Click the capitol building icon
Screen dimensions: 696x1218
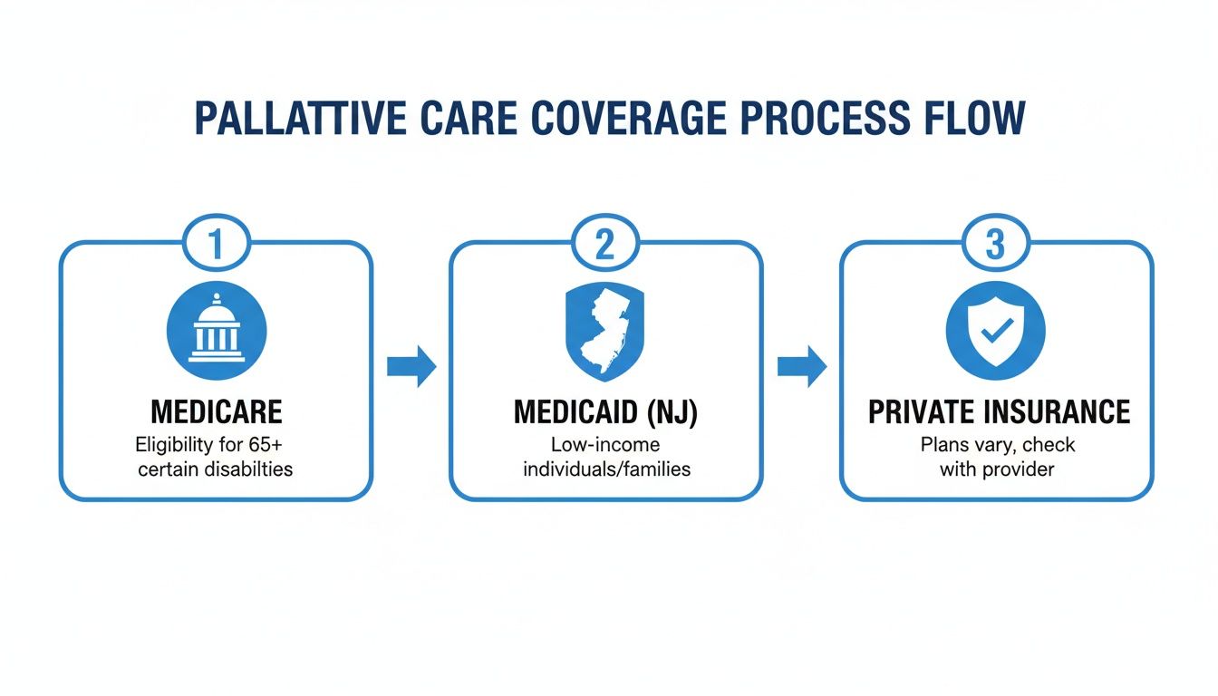(x=216, y=328)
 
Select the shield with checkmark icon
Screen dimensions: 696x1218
(x=995, y=328)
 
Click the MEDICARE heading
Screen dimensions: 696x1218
(x=216, y=412)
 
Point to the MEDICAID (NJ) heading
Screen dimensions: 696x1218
(x=606, y=412)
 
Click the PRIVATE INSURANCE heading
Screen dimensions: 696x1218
(x=999, y=412)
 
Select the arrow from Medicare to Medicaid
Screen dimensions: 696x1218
(x=411, y=366)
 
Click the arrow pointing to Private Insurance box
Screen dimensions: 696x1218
(x=802, y=366)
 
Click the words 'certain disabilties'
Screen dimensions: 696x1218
(x=216, y=469)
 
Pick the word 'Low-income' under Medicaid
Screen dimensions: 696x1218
(x=605, y=445)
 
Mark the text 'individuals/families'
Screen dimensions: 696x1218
(x=606, y=469)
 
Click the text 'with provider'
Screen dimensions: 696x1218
(x=997, y=469)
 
